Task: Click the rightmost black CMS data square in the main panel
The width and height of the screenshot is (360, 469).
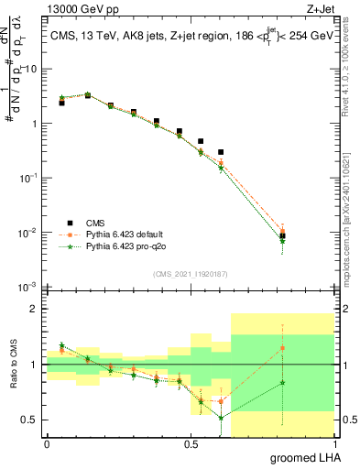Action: tap(283, 236)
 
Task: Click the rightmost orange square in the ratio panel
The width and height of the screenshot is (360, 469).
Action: tap(283, 348)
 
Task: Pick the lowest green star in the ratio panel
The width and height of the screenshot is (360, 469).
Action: tap(221, 418)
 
